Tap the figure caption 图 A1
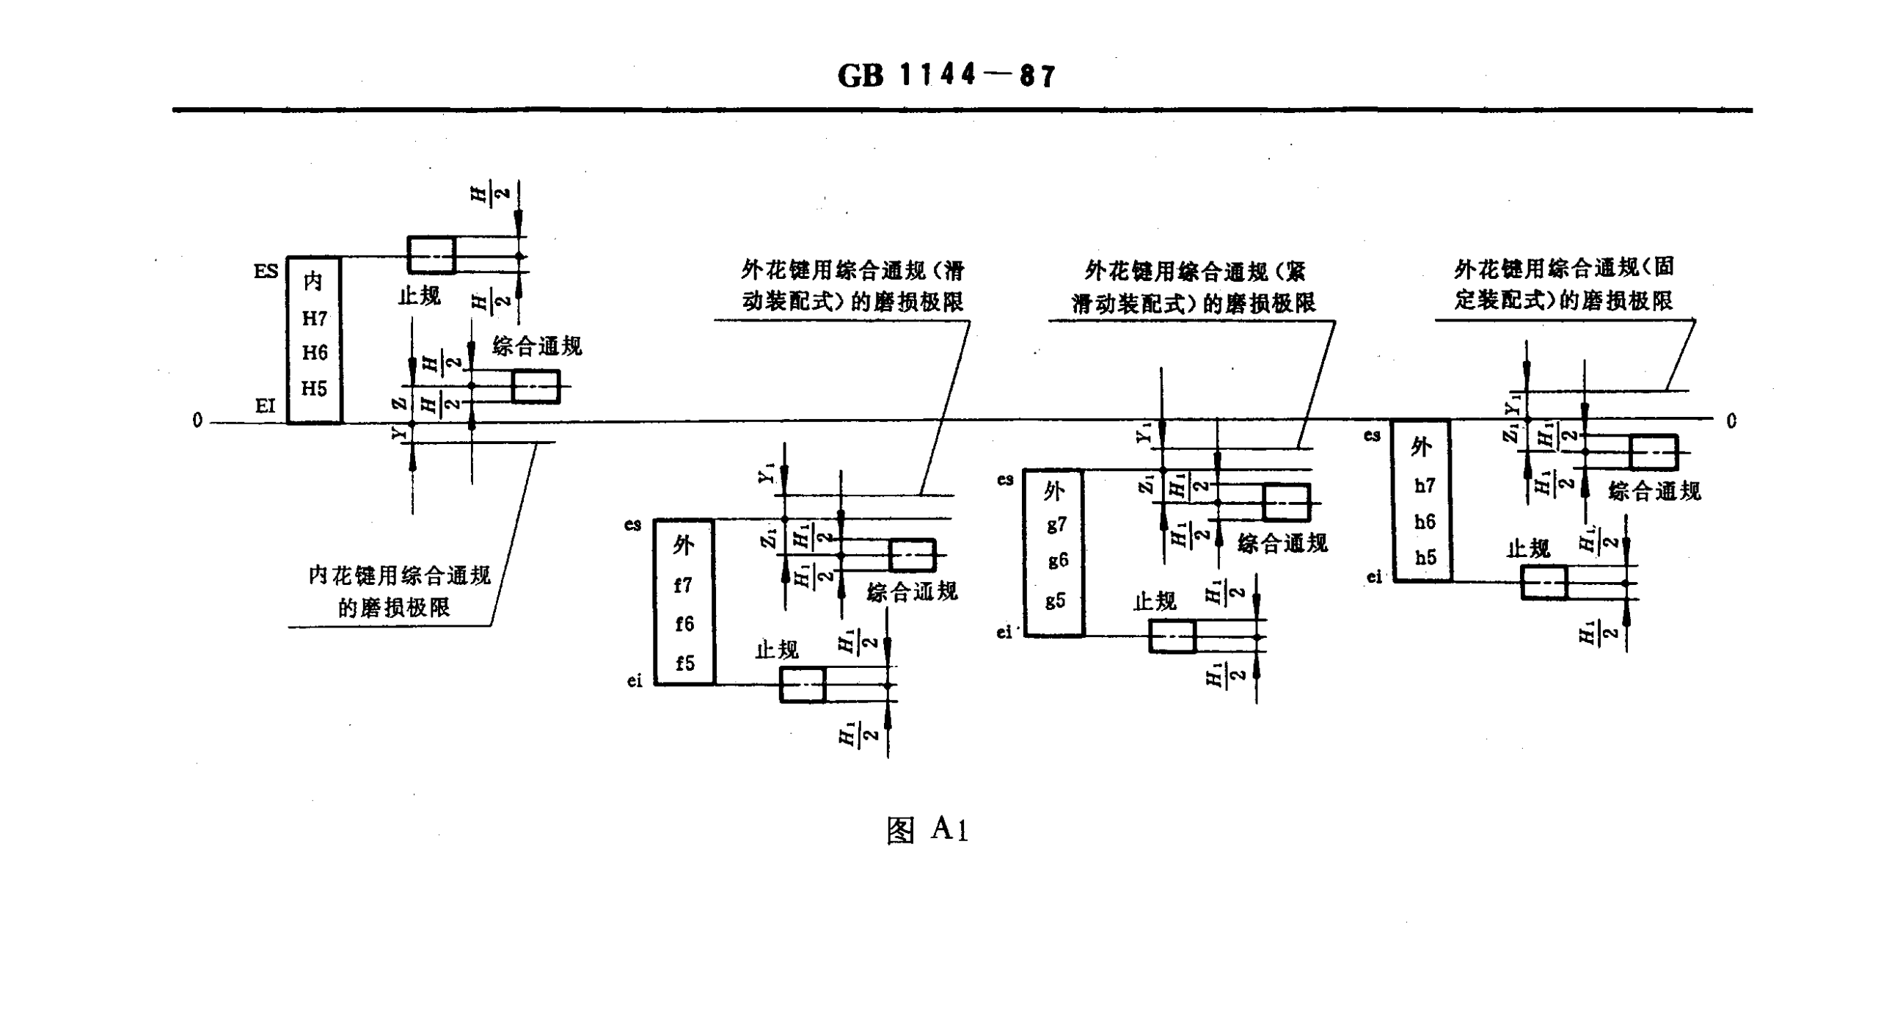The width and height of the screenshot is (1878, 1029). [x=928, y=830]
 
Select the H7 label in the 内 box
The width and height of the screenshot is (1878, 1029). [x=315, y=319]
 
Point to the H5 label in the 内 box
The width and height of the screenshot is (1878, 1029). [x=315, y=388]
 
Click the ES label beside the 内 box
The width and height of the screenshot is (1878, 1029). [x=266, y=272]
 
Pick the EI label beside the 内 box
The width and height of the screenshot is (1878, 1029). [x=265, y=406]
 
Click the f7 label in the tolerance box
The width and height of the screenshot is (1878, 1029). [x=683, y=586]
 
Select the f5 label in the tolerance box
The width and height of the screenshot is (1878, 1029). [x=684, y=663]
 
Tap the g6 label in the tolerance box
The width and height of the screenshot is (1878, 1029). [x=1057, y=561]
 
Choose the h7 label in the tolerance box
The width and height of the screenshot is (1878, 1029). [x=1425, y=486]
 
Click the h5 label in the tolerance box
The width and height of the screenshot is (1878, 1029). [x=1425, y=558]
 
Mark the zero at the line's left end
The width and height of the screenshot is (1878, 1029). [x=197, y=421]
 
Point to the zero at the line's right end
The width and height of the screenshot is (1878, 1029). [x=1732, y=421]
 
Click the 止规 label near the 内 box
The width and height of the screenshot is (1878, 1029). [x=419, y=297]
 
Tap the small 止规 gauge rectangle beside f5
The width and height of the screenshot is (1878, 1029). [x=803, y=685]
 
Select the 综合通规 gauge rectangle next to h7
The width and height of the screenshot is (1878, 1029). [x=1654, y=452]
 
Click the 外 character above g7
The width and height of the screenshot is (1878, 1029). [x=1053, y=491]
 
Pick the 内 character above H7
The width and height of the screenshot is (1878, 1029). [x=313, y=281]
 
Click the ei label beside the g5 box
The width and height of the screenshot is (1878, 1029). [x=1004, y=633]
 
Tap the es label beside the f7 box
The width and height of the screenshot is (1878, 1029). [x=632, y=525]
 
